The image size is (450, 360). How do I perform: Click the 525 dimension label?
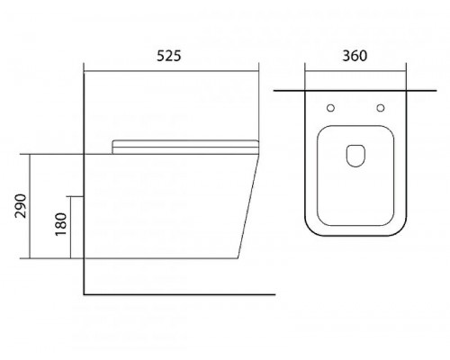pyautogui.click(x=169, y=56)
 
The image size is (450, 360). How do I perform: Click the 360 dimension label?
pyautogui.click(x=355, y=56)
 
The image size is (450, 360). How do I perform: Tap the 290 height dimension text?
pyautogui.click(x=21, y=206)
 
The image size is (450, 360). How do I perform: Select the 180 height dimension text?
pyautogui.click(x=61, y=224)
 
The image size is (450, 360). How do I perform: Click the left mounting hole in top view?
pyautogui.click(x=330, y=108)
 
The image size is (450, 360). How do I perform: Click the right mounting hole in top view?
pyautogui.click(x=381, y=108)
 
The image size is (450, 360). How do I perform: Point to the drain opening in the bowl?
pyautogui.click(x=355, y=156)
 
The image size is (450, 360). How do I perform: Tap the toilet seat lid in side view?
pyautogui.click(x=185, y=147)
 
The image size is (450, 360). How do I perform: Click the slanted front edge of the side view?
pyautogui.click(x=248, y=207)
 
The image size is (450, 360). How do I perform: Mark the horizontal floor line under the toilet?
pyautogui.click(x=179, y=294)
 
